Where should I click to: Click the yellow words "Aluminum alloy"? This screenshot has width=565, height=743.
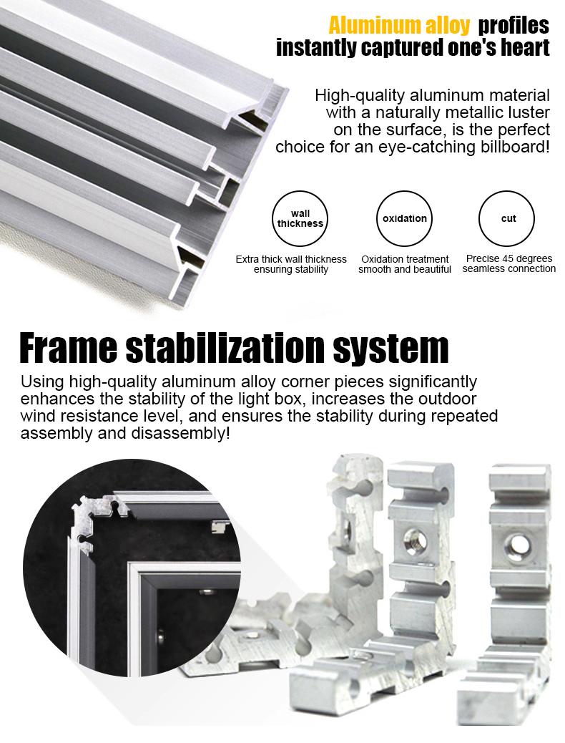pyautogui.click(x=399, y=26)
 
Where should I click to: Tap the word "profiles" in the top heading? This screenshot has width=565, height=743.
pyautogui.click(x=514, y=26)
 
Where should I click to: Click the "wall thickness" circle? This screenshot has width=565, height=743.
pyautogui.click(x=300, y=218)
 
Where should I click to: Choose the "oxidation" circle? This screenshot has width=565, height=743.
pyautogui.click(x=405, y=218)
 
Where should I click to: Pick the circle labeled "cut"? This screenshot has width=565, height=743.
pyautogui.click(x=507, y=218)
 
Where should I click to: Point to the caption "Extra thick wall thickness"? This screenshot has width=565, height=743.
pyautogui.click(x=291, y=259)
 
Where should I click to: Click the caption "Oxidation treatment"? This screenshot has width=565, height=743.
pyautogui.click(x=405, y=259)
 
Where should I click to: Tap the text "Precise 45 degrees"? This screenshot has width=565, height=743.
pyautogui.click(x=509, y=258)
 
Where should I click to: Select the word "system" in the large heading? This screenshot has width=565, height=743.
pyautogui.click(x=390, y=349)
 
